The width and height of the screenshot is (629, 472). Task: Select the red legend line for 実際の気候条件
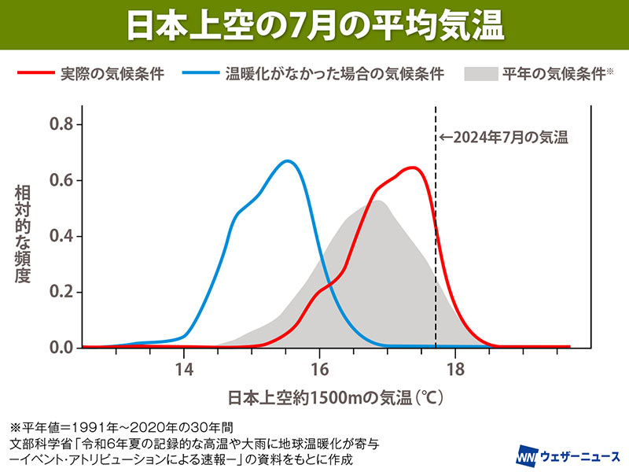pyautogui.click(x=35, y=75)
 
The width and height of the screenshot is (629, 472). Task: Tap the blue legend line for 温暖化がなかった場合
pyautogui.click(x=200, y=75)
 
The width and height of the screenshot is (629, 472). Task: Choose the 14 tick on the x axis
pyautogui.click(x=184, y=367)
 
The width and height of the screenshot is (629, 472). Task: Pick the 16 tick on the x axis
pyautogui.click(x=319, y=367)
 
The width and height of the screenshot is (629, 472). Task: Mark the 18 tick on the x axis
pyautogui.click(x=454, y=367)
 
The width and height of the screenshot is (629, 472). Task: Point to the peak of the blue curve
pyautogui.click(x=288, y=161)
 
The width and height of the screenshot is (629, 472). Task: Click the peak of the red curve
pyautogui.click(x=411, y=168)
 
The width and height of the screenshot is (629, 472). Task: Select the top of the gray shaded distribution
pyautogui.click(x=378, y=201)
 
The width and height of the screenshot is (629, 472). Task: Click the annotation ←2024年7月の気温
pyautogui.click(x=503, y=137)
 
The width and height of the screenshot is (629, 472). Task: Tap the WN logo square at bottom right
pyautogui.click(x=526, y=455)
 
